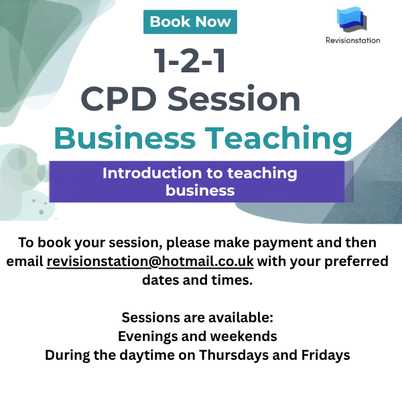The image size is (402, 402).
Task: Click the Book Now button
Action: tap(190, 22)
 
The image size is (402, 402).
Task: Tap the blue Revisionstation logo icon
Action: tap(352, 19)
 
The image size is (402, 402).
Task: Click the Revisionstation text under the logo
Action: tap(353, 40)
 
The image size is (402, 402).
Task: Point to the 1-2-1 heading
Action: tap(190, 60)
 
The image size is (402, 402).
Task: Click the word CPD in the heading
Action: tap(119, 98)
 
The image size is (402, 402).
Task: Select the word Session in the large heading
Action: tap(234, 98)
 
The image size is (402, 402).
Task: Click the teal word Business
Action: tap(125, 137)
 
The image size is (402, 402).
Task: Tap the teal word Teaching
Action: tap(279, 139)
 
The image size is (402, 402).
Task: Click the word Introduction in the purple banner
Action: tap(152, 173)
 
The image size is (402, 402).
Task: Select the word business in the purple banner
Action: tap(200, 190)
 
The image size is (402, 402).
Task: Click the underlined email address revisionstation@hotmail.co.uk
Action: tap(150, 261)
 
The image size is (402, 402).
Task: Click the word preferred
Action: tap(356, 262)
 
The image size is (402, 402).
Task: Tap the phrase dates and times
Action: tap(198, 280)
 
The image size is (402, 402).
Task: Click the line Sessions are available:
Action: tap(198, 318)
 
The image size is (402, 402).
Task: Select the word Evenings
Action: tap(147, 336)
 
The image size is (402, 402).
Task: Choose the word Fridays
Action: tap(326, 355)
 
